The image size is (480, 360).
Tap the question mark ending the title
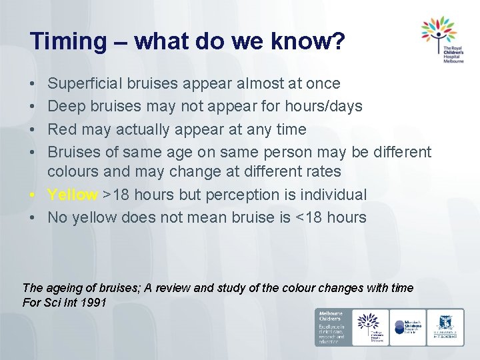click(x=338, y=42)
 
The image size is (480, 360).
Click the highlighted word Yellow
click(x=72, y=195)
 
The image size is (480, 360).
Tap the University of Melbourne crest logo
click(x=445, y=327)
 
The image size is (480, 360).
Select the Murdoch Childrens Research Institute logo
click(x=408, y=327)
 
